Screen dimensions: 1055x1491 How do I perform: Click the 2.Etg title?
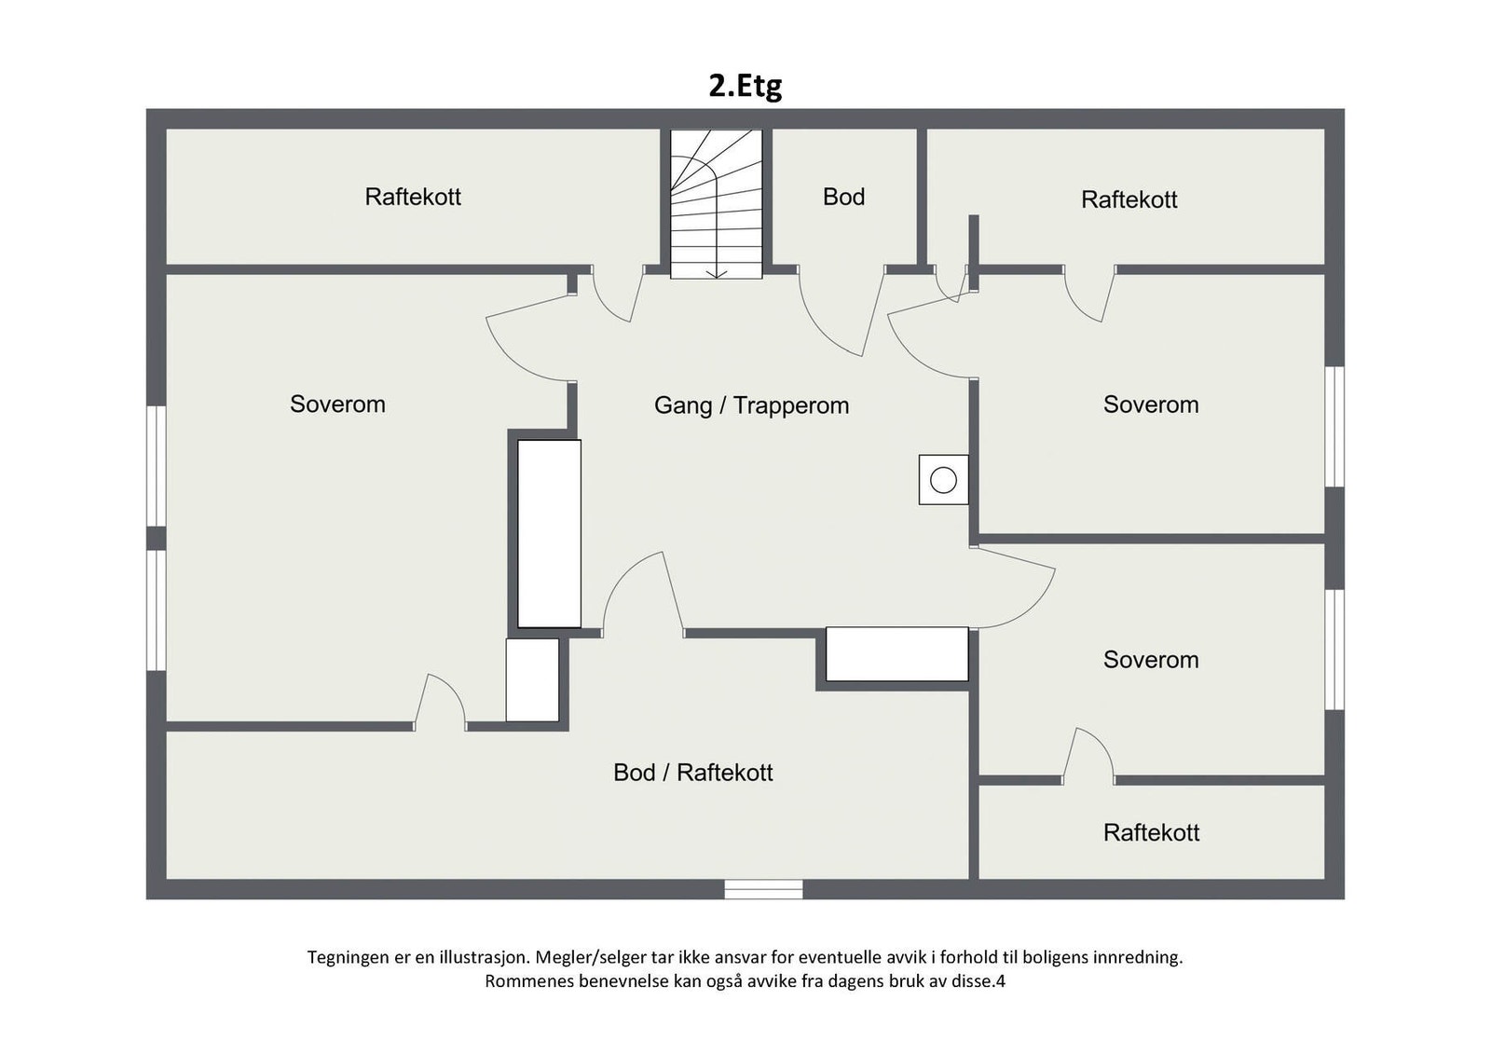pyautogui.click(x=745, y=86)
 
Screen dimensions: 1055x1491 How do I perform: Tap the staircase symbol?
pyautogui.click(x=717, y=203)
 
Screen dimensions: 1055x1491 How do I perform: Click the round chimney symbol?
pyautogui.click(x=943, y=480)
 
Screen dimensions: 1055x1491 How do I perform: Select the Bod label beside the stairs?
pyautogui.click(x=843, y=197)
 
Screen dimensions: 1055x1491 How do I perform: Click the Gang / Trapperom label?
pyautogui.click(x=751, y=405)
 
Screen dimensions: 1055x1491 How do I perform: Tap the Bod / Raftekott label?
pyautogui.click(x=692, y=773)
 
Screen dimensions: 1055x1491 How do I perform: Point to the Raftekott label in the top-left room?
pyautogui.click(x=413, y=197)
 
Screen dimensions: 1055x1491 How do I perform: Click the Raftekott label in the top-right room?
pyautogui.click(x=1129, y=199)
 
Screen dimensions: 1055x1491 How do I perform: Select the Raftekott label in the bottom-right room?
pyautogui.click(x=1151, y=832)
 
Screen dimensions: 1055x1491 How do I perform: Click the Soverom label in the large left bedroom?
pyautogui.click(x=337, y=404)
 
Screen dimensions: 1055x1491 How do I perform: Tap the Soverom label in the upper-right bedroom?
pyautogui.click(x=1151, y=404)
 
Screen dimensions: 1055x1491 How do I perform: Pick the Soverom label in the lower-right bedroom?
pyautogui.click(x=1151, y=660)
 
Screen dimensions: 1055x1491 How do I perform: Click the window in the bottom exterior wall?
pyautogui.click(x=763, y=889)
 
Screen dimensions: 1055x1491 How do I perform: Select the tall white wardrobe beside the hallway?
pyautogui.click(x=549, y=533)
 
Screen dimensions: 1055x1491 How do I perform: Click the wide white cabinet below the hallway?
pyautogui.click(x=896, y=653)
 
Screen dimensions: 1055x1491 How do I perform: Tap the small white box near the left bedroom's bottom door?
pyautogui.click(x=532, y=679)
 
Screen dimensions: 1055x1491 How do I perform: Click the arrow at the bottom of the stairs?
pyautogui.click(x=717, y=272)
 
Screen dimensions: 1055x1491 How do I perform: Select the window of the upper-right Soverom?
pyautogui.click(x=1334, y=426)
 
